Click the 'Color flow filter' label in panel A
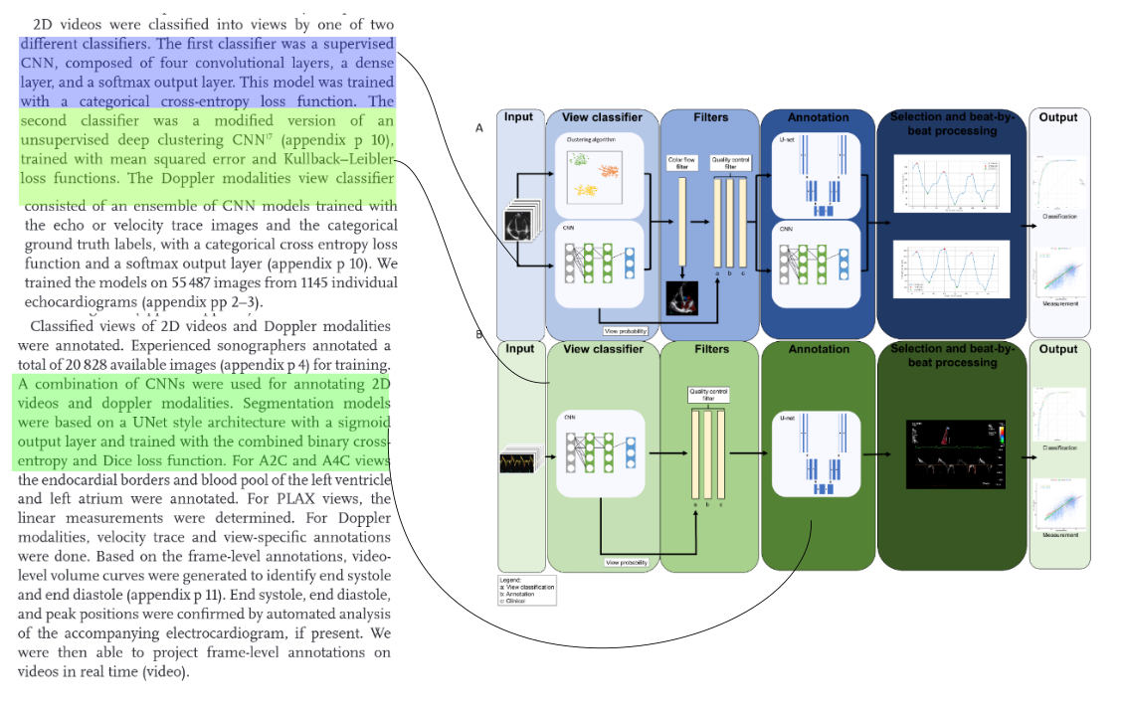tap(682, 162)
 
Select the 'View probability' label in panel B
tap(627, 562)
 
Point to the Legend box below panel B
tap(526, 589)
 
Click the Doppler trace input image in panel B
tap(518, 462)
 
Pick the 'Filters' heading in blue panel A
tap(710, 117)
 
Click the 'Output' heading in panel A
tap(1058, 117)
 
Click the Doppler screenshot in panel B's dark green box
tap(952, 454)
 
